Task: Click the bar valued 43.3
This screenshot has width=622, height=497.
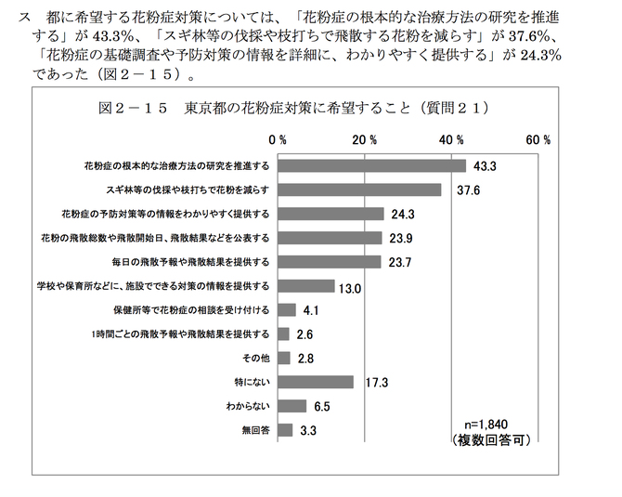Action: tap(370, 165)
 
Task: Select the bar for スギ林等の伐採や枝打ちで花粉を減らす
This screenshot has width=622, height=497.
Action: tap(358, 190)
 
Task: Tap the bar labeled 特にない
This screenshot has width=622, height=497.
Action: tap(315, 382)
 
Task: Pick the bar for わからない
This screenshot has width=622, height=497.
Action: tap(292, 406)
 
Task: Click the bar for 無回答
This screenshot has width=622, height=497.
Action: tap(284, 430)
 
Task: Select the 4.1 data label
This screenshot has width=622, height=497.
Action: tap(311, 311)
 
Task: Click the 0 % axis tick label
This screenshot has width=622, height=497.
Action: tap(278, 140)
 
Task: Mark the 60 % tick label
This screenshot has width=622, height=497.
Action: tap(538, 140)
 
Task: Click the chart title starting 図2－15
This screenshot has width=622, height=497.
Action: tap(293, 108)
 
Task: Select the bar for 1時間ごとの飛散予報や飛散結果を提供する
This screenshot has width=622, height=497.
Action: tap(282, 334)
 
